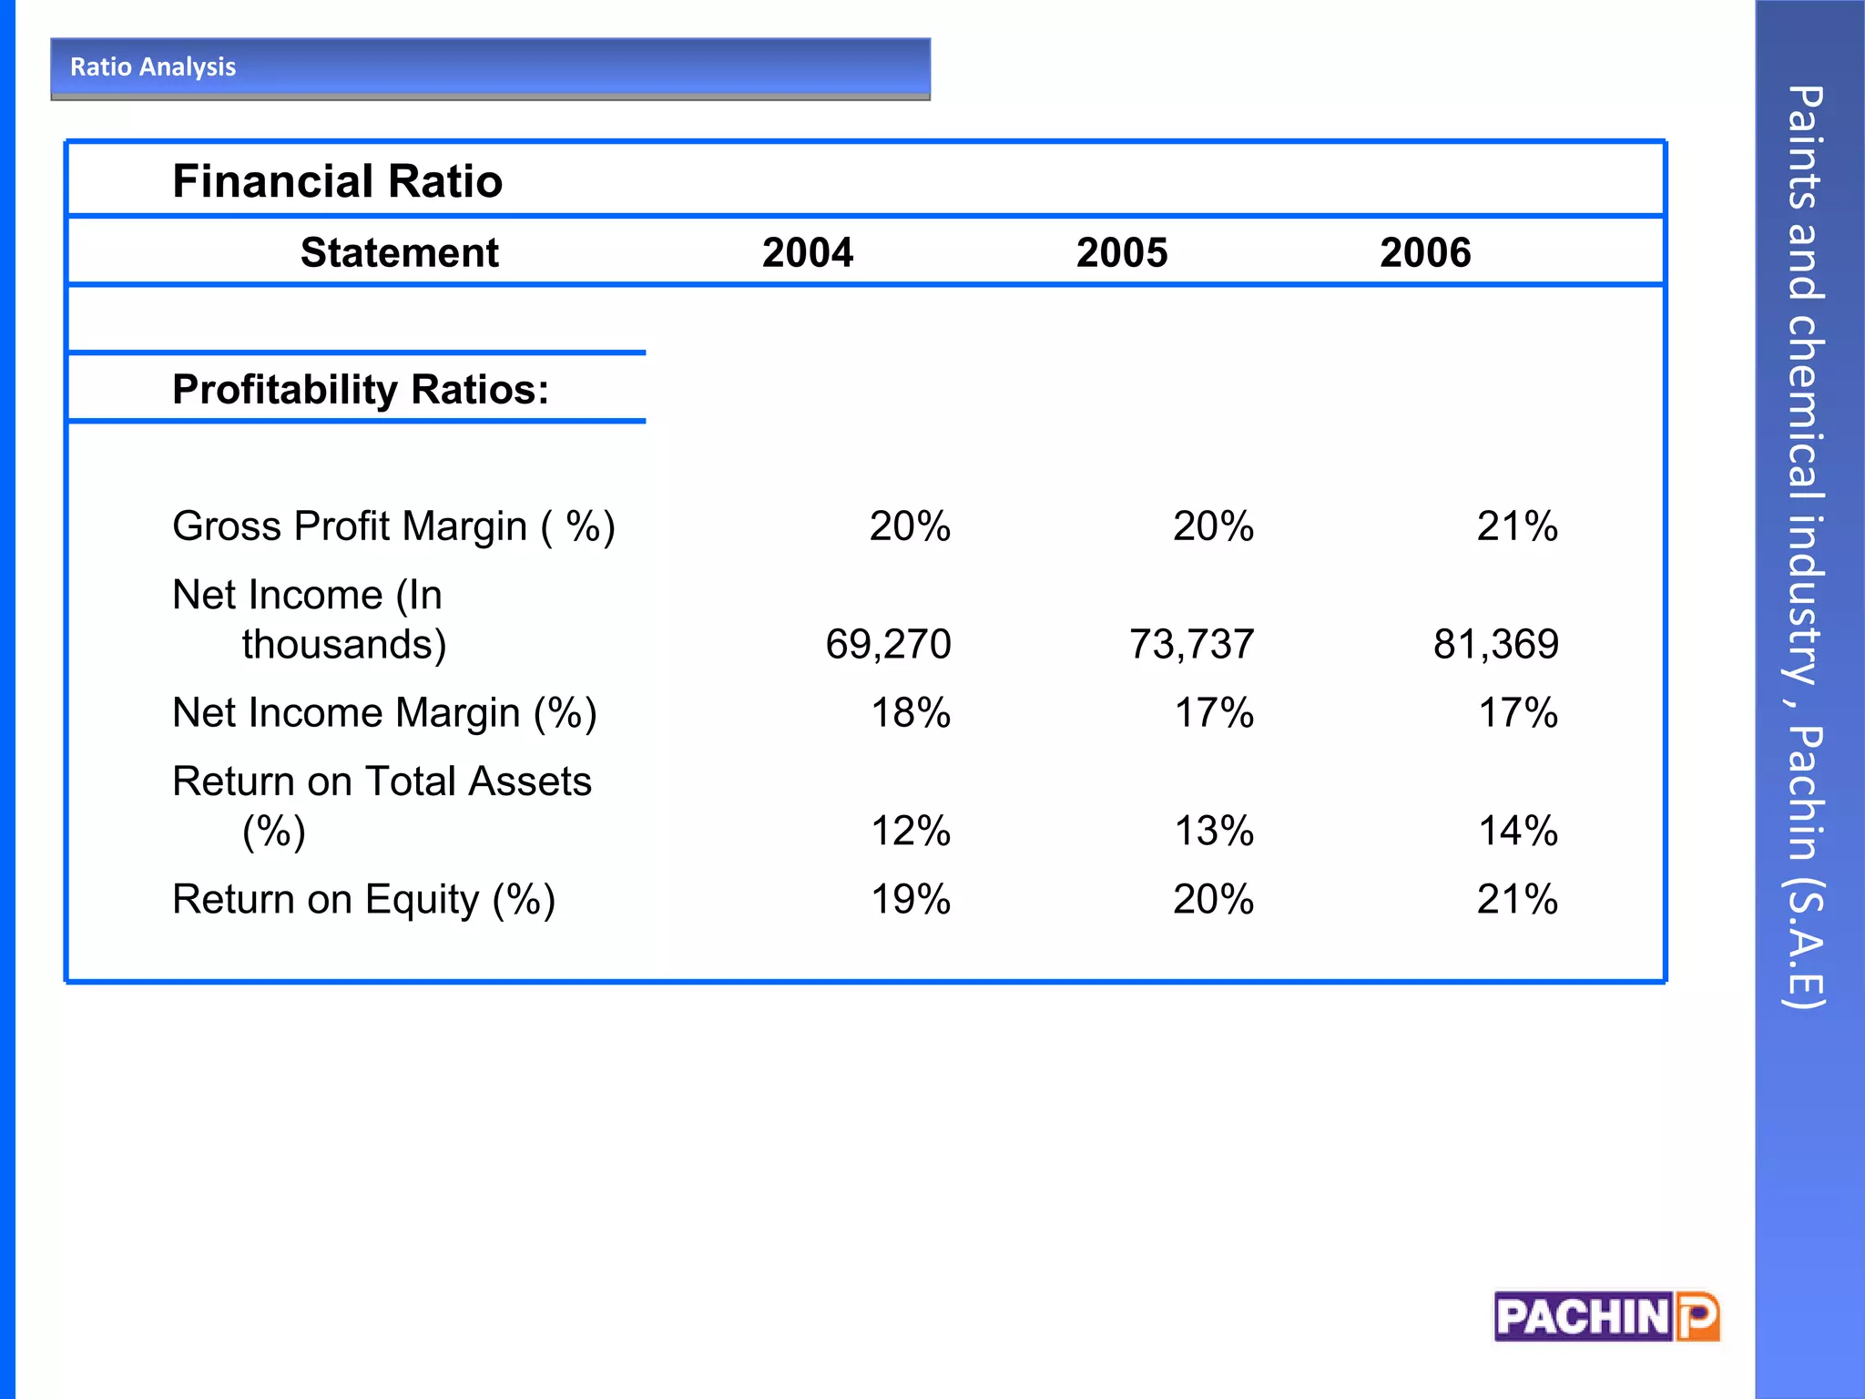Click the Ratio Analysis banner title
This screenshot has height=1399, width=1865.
(153, 67)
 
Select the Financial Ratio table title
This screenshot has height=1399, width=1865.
(337, 181)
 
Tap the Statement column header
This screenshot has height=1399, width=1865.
(399, 252)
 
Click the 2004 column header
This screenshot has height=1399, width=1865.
(807, 252)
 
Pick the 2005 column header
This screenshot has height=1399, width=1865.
(1121, 252)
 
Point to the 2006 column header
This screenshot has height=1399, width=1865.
(1424, 252)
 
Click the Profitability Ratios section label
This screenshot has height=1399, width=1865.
(361, 390)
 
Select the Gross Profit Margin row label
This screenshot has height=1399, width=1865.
(393, 526)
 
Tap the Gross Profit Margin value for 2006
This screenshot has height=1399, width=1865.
(1516, 526)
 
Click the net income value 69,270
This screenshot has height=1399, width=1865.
(888, 645)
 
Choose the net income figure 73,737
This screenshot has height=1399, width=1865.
(1191, 645)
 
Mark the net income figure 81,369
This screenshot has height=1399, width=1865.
(1495, 645)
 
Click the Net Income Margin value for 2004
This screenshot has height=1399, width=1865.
(910, 713)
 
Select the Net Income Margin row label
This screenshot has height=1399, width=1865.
(384, 713)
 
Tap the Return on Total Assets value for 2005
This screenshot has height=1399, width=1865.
(1213, 831)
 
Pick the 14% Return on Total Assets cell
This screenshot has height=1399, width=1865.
(1517, 831)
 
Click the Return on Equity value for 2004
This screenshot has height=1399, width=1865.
(910, 900)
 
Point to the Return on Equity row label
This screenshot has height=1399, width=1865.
(363, 900)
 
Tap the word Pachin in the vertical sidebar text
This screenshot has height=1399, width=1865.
(1804, 792)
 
